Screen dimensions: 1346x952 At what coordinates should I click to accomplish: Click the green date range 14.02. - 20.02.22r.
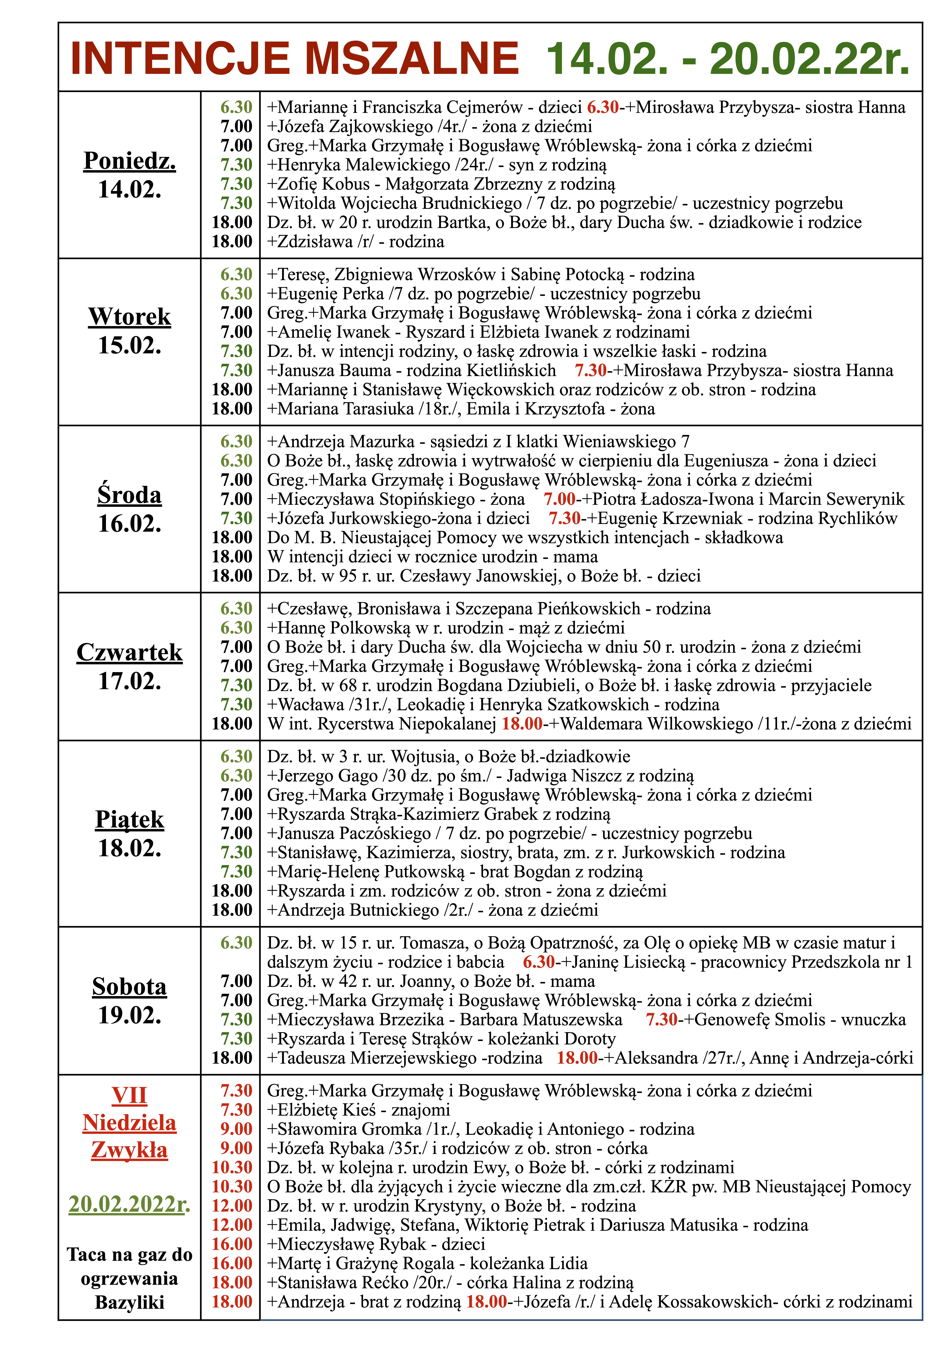[x=727, y=59]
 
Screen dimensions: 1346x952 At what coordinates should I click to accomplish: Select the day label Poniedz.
[x=130, y=161]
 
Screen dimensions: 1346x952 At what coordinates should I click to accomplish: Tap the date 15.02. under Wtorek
[x=130, y=345]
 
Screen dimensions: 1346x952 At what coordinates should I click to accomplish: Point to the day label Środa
[x=130, y=495]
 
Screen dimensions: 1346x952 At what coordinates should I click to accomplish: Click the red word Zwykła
[x=130, y=1150]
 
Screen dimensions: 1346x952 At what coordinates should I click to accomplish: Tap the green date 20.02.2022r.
[x=130, y=1204]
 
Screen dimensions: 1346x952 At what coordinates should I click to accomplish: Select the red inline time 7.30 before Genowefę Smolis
[x=662, y=1019]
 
